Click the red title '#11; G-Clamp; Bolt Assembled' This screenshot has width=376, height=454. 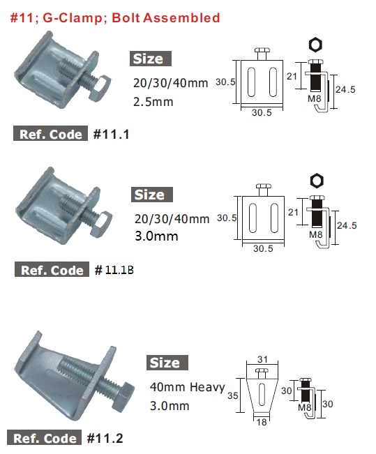[115, 18]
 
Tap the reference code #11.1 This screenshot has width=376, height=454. [111, 134]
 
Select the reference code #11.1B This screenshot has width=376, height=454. [114, 270]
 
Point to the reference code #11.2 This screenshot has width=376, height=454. [105, 438]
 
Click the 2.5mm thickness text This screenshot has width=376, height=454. [153, 102]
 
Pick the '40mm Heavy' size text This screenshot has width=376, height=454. [187, 387]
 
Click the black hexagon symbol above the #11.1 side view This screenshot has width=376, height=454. [315, 45]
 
